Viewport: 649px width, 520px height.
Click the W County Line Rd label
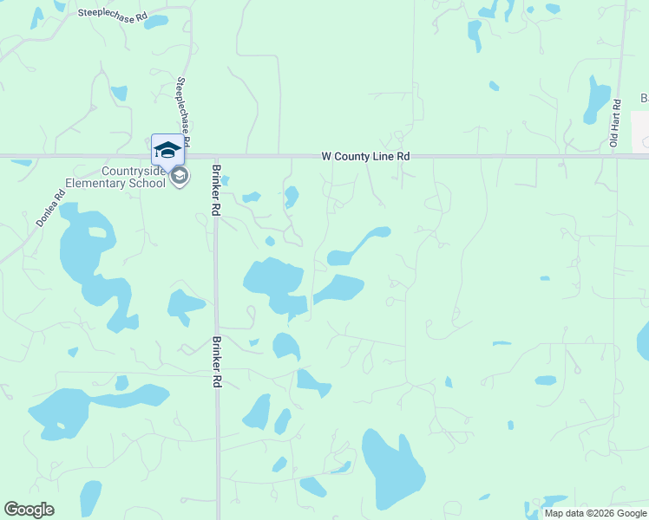point(365,156)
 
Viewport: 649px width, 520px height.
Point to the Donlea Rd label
point(50,209)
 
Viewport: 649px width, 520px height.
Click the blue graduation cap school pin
point(167,150)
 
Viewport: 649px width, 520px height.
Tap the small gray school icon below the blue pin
point(180,177)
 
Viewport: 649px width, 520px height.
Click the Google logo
point(29,510)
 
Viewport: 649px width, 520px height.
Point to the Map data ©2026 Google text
point(595,513)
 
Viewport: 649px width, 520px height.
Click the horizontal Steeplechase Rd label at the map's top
point(113,13)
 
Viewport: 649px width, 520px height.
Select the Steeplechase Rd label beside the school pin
point(183,109)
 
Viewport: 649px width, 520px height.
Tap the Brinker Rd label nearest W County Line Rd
point(215,192)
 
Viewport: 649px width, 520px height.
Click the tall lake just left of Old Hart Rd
point(597,99)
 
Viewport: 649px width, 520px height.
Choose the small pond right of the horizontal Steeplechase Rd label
point(156,21)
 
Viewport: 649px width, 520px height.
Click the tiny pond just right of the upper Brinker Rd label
point(225,180)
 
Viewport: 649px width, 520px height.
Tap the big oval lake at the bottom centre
point(391,468)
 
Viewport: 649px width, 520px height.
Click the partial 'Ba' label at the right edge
point(644,98)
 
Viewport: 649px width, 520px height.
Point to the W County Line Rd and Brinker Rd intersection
point(214,157)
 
